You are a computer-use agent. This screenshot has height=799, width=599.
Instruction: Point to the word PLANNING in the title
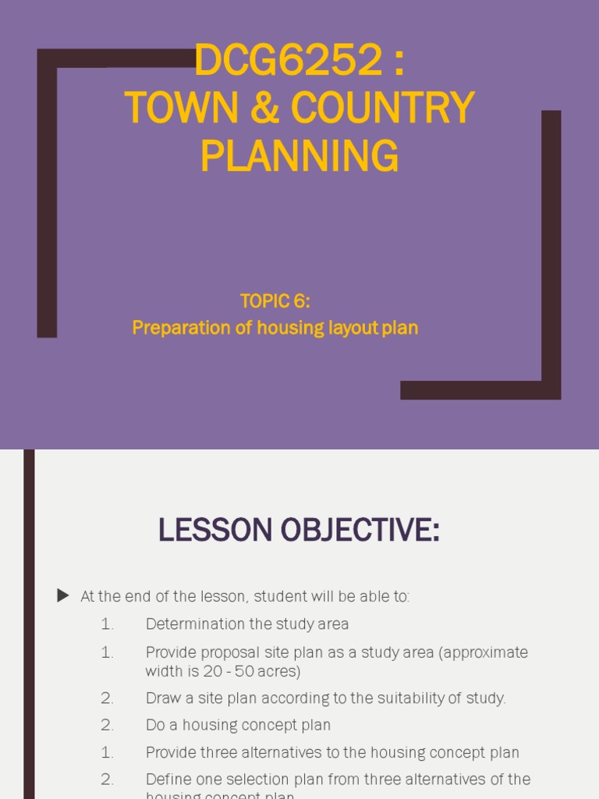pyautogui.click(x=299, y=155)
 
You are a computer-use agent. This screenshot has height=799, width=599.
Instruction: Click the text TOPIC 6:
pyautogui.click(x=275, y=302)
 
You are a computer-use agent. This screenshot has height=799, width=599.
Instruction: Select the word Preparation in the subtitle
pyautogui.click(x=175, y=328)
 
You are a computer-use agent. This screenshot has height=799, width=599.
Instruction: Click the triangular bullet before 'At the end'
pyautogui.click(x=63, y=596)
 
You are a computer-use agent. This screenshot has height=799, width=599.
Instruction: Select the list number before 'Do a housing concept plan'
pyautogui.click(x=107, y=726)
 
